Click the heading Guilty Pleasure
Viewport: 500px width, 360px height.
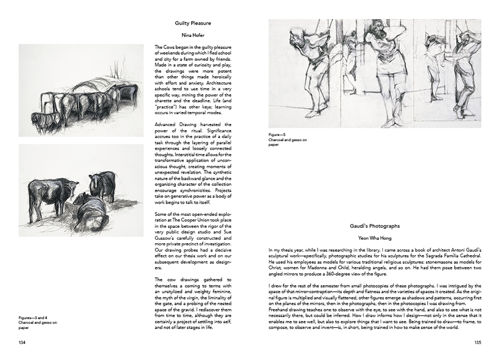(193, 23)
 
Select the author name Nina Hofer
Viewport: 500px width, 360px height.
(193, 35)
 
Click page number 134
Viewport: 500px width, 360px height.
(22, 343)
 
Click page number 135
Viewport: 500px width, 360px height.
(478, 343)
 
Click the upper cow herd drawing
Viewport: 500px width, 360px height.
(81, 90)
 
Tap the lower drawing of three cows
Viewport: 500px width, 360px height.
(81, 190)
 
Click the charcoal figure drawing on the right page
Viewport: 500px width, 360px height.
(374, 73)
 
